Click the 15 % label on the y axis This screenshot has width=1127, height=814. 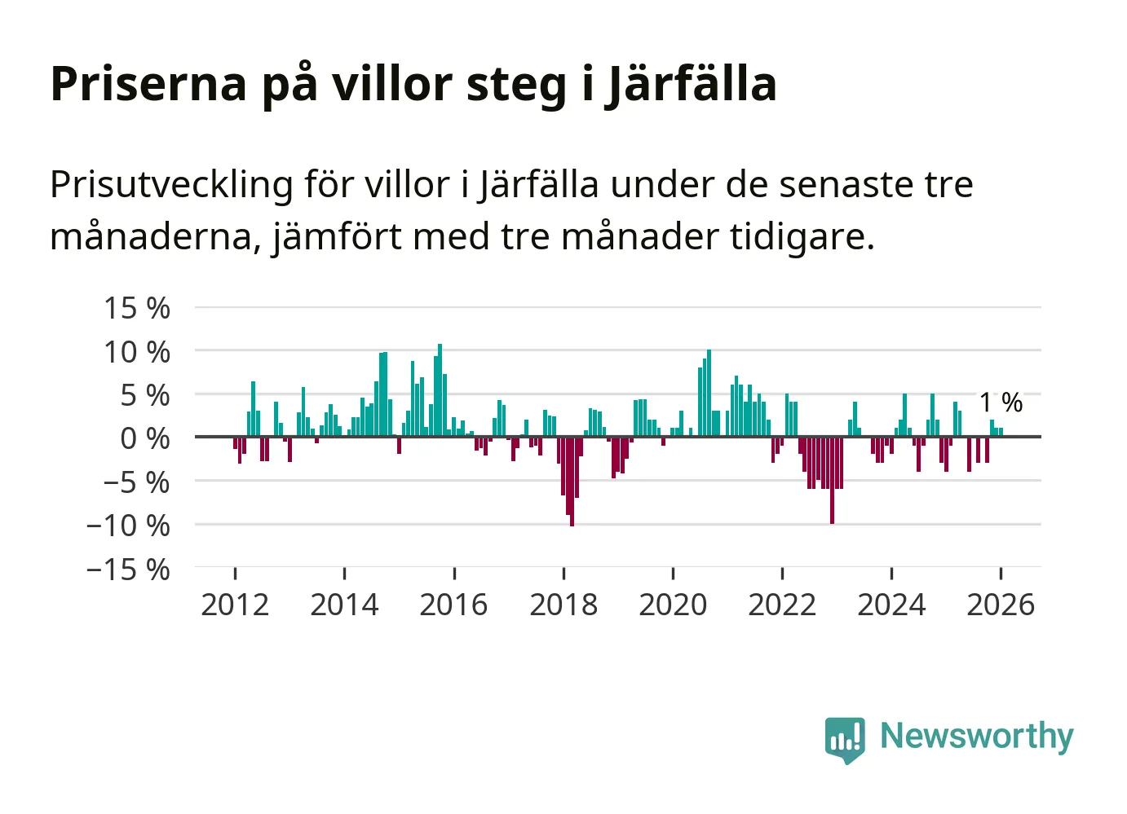click(137, 308)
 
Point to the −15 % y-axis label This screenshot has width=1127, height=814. click(128, 569)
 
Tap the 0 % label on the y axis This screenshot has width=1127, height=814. click(145, 438)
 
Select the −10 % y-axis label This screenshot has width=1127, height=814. click(128, 526)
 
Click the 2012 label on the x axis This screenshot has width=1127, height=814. click(235, 605)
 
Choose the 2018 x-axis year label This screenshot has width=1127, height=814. click(563, 605)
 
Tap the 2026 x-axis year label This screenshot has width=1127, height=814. click(1001, 605)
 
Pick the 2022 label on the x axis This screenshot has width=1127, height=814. click(782, 605)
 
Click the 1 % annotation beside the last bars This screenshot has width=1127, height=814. click(1001, 402)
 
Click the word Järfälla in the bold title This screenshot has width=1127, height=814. click(692, 84)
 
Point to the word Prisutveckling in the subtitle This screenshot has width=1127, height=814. click(171, 185)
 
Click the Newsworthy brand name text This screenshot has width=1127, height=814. click(976, 736)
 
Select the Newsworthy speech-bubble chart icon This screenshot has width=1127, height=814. click(845, 739)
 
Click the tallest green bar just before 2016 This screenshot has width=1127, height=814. click(440, 390)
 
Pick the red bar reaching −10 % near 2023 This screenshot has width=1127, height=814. click(832, 480)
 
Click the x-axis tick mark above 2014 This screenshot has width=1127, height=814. click(345, 573)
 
